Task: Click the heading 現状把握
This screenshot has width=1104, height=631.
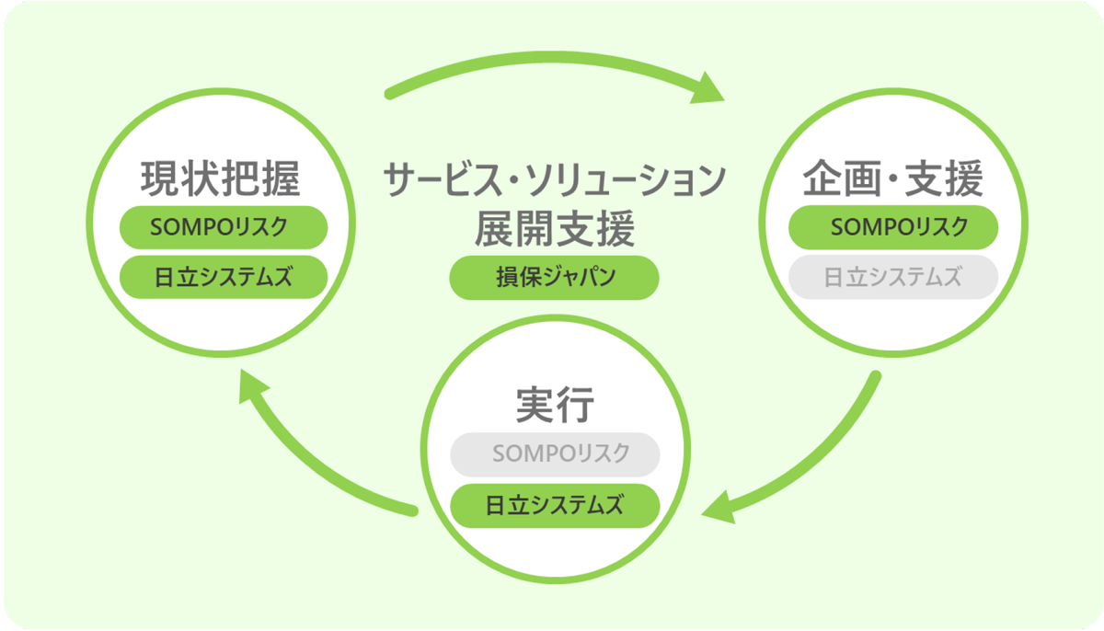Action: (221, 179)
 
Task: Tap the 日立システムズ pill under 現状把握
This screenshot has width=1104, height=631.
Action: (224, 277)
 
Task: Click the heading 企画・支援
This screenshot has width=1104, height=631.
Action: (893, 179)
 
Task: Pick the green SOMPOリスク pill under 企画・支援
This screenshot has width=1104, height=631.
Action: (893, 227)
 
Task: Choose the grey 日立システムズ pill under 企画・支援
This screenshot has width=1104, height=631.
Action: (893, 277)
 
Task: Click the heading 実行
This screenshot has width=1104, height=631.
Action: (554, 405)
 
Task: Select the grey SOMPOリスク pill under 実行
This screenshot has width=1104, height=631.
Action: (555, 454)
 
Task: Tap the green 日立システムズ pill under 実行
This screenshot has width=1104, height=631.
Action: (555, 505)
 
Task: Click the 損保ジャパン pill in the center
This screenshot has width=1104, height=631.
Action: (554, 278)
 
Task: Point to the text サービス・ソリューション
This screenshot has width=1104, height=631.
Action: (555, 180)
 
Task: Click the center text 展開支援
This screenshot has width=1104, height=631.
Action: (555, 229)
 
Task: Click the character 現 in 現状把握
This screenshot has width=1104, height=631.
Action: (160, 179)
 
